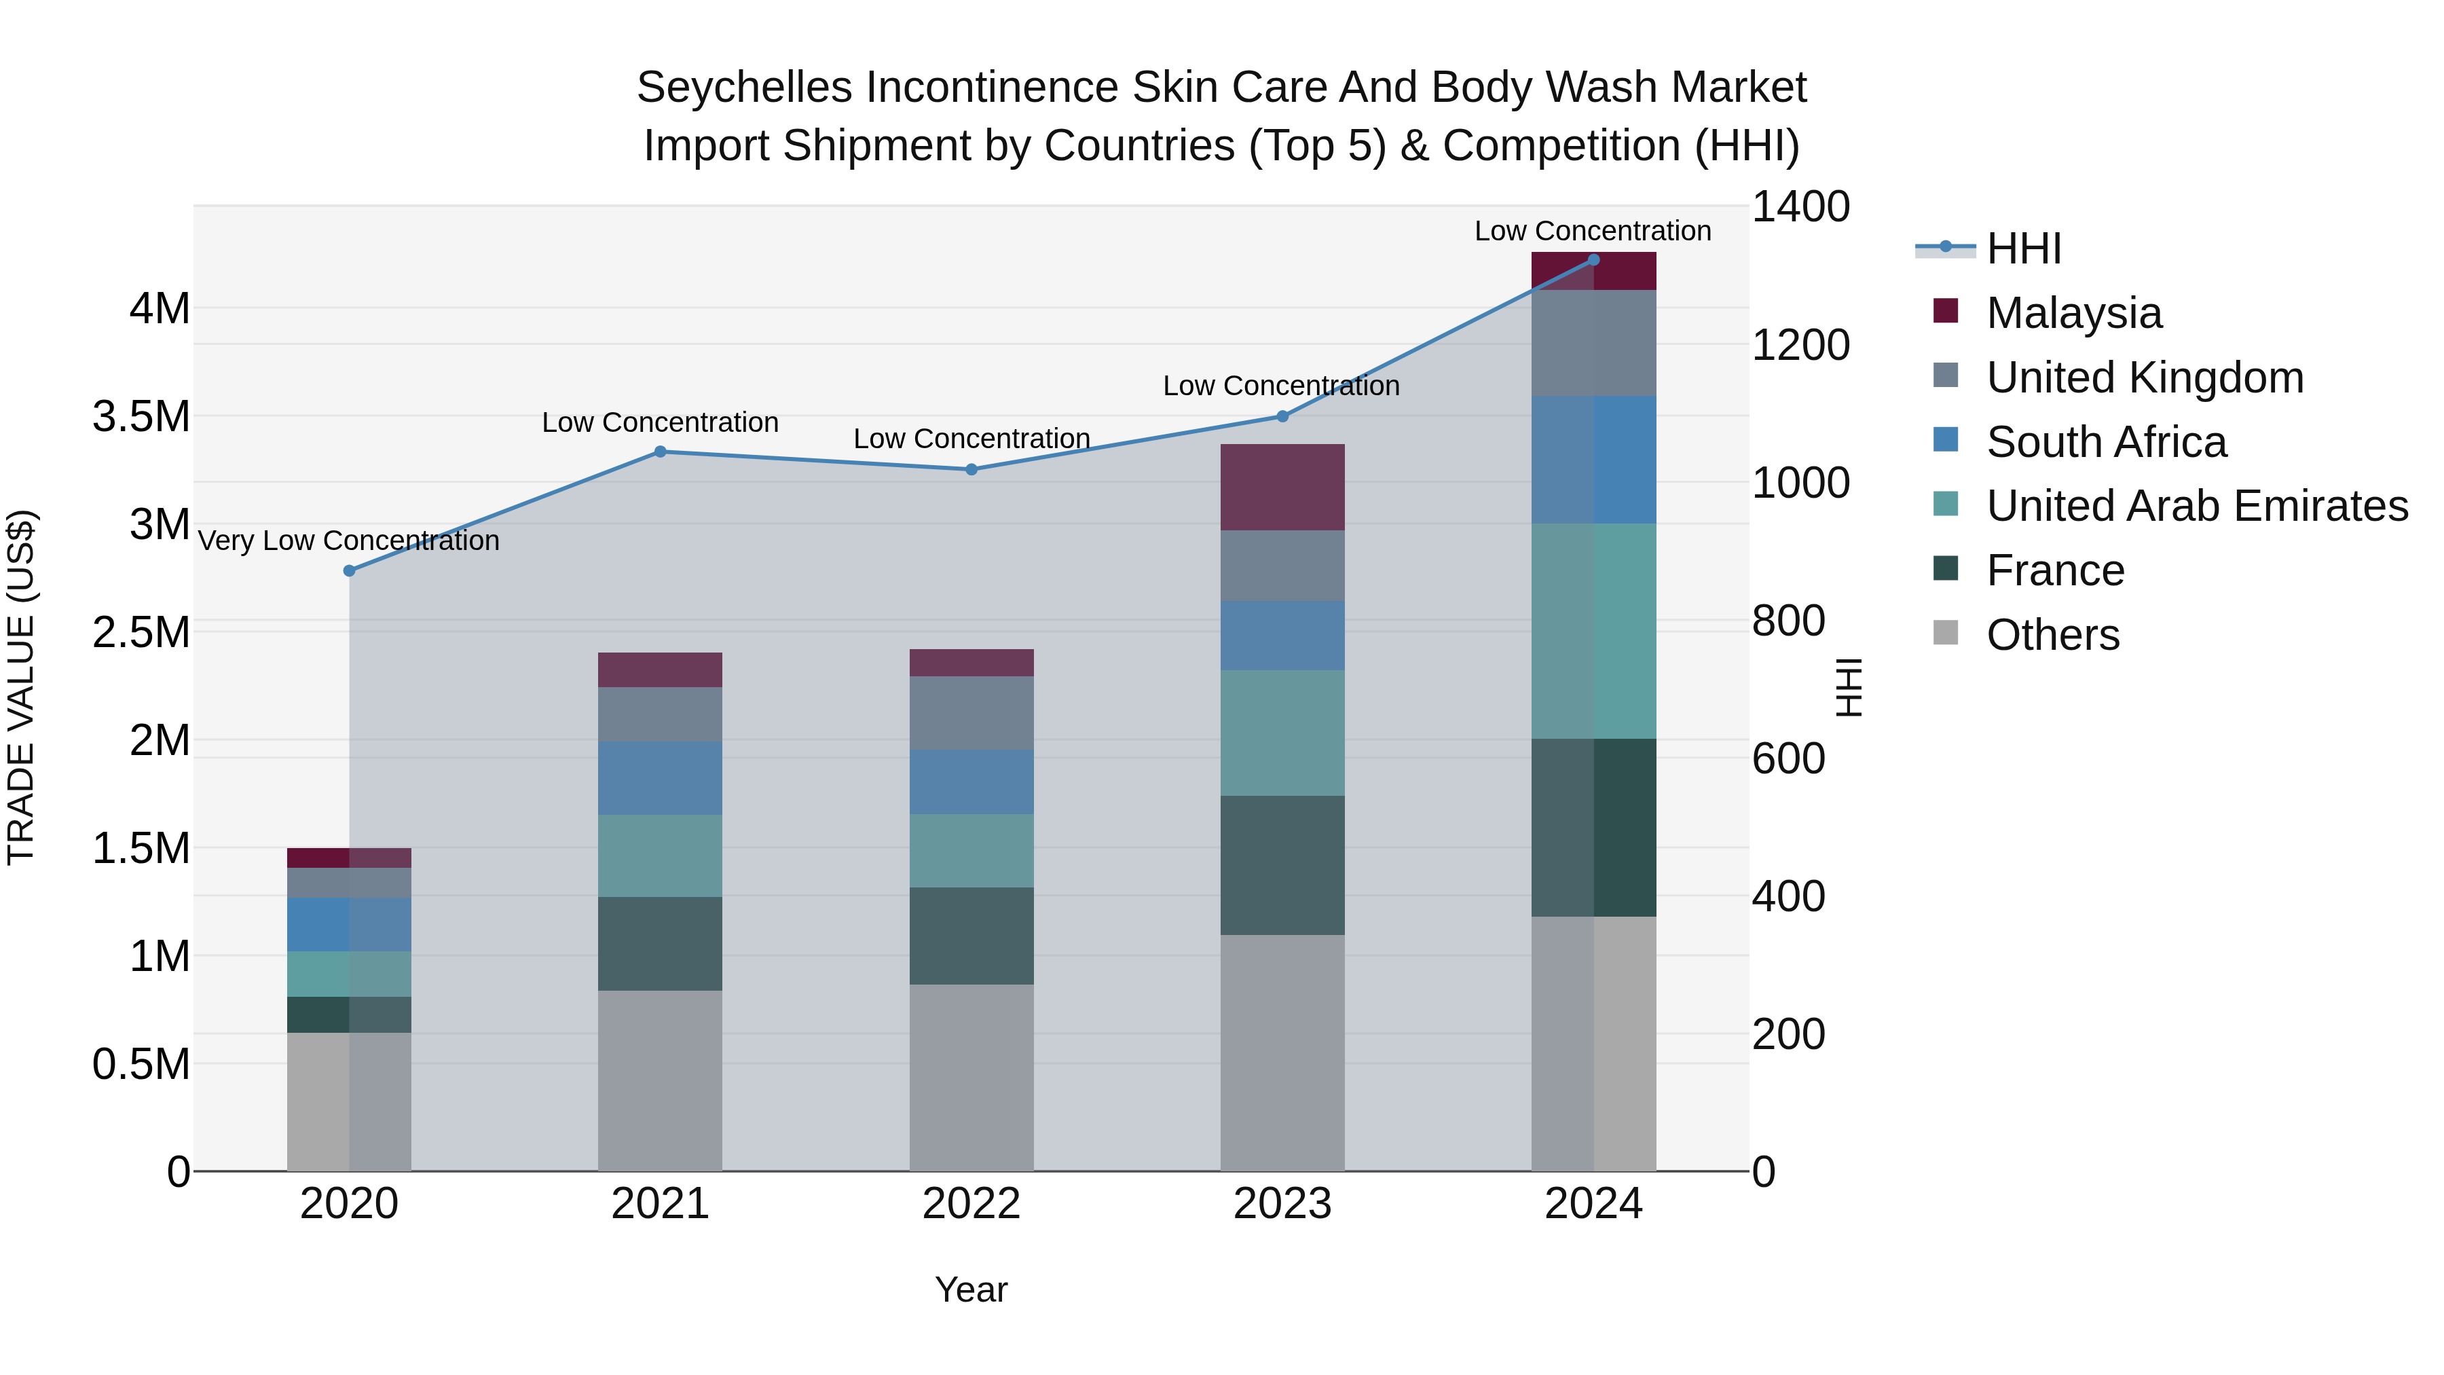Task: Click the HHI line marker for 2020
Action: tap(349, 570)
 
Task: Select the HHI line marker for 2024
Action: tap(1593, 260)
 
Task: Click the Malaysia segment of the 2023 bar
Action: tap(1282, 487)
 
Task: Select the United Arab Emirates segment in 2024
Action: tap(1593, 631)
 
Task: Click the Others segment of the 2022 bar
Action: tap(971, 1077)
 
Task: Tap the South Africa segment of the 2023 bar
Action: tap(1282, 636)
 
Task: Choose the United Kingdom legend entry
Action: tap(2144, 378)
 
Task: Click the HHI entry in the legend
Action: tap(2023, 249)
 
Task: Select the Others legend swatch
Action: tap(1945, 633)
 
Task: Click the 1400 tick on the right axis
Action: tap(1800, 207)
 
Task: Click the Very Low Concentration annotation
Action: tap(348, 541)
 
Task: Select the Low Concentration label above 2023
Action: tap(1281, 386)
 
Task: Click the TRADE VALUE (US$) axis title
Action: tap(22, 688)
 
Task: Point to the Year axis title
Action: tap(971, 1289)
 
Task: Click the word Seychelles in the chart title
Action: tap(744, 88)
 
